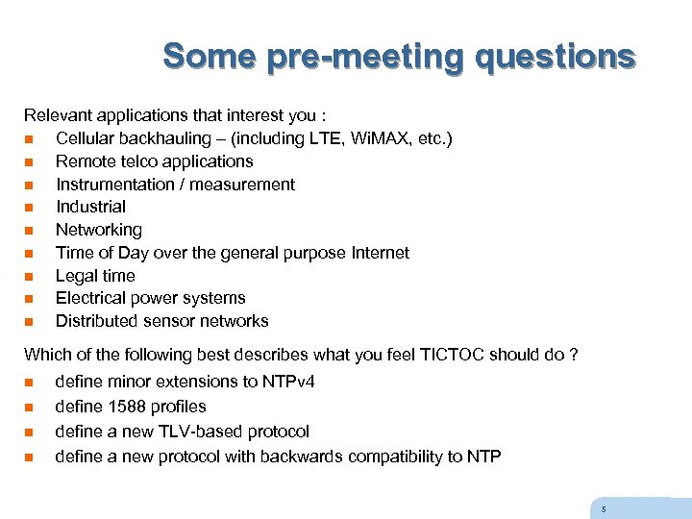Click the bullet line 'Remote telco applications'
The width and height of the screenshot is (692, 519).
pos(154,161)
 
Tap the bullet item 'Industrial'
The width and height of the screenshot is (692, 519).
pos(90,207)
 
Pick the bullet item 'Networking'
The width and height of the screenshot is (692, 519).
pos(98,230)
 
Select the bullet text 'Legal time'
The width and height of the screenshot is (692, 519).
pos(95,276)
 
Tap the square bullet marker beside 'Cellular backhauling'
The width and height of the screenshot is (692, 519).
pos(29,139)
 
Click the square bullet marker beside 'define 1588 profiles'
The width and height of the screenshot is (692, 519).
pos(29,408)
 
